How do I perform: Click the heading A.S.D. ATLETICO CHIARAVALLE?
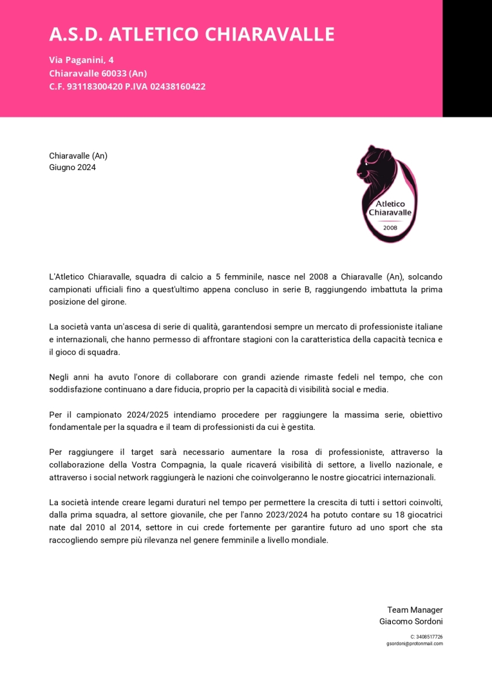pos(192,34)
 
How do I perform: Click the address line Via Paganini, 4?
pos(81,60)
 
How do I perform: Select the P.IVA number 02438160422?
pos(178,86)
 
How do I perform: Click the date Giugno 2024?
pos(72,168)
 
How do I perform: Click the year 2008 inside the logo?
pos(390,227)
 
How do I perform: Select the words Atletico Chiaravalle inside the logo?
pos(390,208)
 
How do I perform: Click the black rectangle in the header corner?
pos(467,58)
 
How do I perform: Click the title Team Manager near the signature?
pos(415,610)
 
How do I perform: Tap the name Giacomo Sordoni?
pos(411,622)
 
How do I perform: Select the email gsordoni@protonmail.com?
pos(415,643)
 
